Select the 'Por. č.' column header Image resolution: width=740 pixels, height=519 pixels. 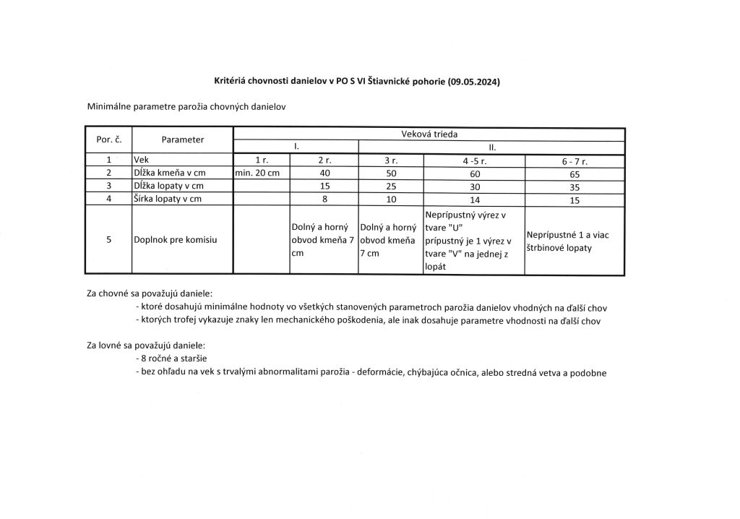[108, 140]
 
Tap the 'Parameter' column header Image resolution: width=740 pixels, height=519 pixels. [182, 140]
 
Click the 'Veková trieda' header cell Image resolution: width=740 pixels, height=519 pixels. [429, 134]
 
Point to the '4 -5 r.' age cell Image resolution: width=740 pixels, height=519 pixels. [473, 160]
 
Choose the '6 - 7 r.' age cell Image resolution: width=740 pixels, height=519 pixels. [575, 160]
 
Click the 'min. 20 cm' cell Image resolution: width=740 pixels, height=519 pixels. [262, 173]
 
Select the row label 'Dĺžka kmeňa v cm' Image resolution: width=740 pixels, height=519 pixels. [171, 173]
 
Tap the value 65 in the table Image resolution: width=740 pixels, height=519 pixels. [575, 173]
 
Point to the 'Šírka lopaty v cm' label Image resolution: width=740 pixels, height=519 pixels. [168, 200]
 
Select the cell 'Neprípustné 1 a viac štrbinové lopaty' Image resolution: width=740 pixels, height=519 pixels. [575, 241]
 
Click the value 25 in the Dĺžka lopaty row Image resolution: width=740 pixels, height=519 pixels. [390, 186]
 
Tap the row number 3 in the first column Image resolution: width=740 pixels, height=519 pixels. [108, 186]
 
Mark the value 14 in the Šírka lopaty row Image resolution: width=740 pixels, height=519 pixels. [473, 200]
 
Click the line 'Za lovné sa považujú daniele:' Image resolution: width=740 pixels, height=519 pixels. [146, 345]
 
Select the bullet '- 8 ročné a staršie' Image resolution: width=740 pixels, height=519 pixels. [171, 359]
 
